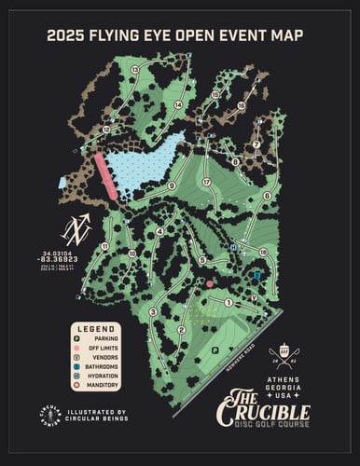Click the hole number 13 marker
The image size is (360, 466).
(135, 70)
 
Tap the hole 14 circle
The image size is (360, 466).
(177, 105)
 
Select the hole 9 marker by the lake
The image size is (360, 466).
(171, 186)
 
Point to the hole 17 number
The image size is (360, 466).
(206, 183)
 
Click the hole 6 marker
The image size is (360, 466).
(267, 196)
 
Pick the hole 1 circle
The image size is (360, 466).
(228, 302)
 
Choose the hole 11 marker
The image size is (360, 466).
(105, 246)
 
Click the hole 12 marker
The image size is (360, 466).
(107, 130)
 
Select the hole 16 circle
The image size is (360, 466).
(240, 105)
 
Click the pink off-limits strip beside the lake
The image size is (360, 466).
(104, 176)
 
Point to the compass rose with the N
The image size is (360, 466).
(76, 227)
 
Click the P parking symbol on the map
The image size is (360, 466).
(215, 349)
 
